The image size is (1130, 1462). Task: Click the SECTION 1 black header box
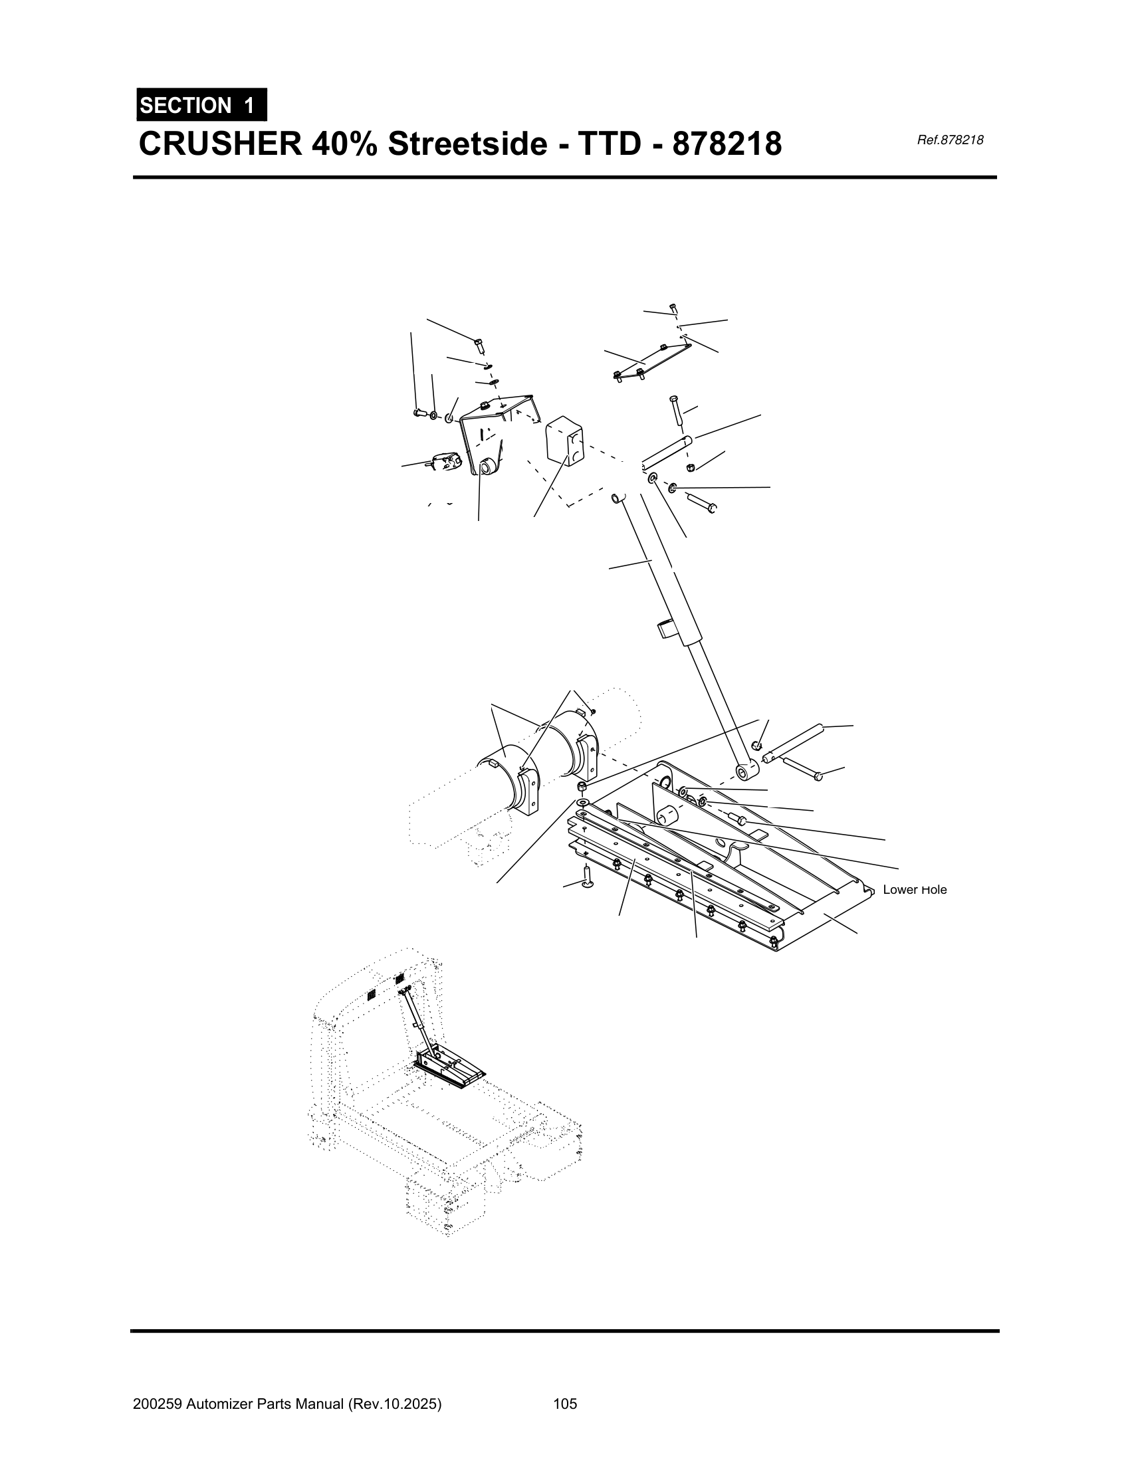[201, 104]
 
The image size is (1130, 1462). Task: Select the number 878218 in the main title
[727, 144]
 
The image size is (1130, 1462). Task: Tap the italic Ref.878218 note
[950, 140]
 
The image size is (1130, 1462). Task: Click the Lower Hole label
[915, 890]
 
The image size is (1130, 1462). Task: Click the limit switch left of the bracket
[443, 462]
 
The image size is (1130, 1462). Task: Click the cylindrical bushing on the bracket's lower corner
[489, 466]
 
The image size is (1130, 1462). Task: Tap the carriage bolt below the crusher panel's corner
[587, 878]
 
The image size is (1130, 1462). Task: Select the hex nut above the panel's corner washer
[582, 785]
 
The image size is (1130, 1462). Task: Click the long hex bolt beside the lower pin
[802, 768]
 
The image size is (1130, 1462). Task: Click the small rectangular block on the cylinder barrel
[667, 629]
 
